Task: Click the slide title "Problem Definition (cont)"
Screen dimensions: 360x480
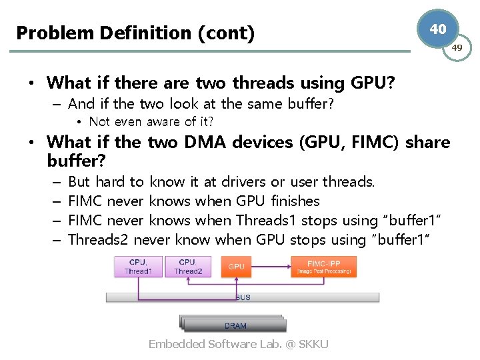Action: (x=135, y=33)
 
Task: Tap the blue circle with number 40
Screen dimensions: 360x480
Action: (x=437, y=29)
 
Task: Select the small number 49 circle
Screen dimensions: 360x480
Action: (x=457, y=48)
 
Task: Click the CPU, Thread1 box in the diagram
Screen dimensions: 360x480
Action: (x=138, y=267)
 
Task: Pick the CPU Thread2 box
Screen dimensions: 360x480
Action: (x=187, y=267)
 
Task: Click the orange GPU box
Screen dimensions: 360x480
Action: (x=237, y=267)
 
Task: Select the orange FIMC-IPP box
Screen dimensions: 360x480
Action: (x=324, y=267)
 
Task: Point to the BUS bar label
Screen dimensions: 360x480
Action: (x=243, y=297)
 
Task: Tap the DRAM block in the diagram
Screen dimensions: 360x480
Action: (x=235, y=325)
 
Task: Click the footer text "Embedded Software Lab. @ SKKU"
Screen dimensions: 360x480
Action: (x=238, y=344)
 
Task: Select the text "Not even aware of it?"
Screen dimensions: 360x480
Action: (x=151, y=121)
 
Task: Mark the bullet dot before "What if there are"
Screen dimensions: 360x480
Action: (x=31, y=84)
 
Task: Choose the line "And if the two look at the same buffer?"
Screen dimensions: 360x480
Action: (x=201, y=103)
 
